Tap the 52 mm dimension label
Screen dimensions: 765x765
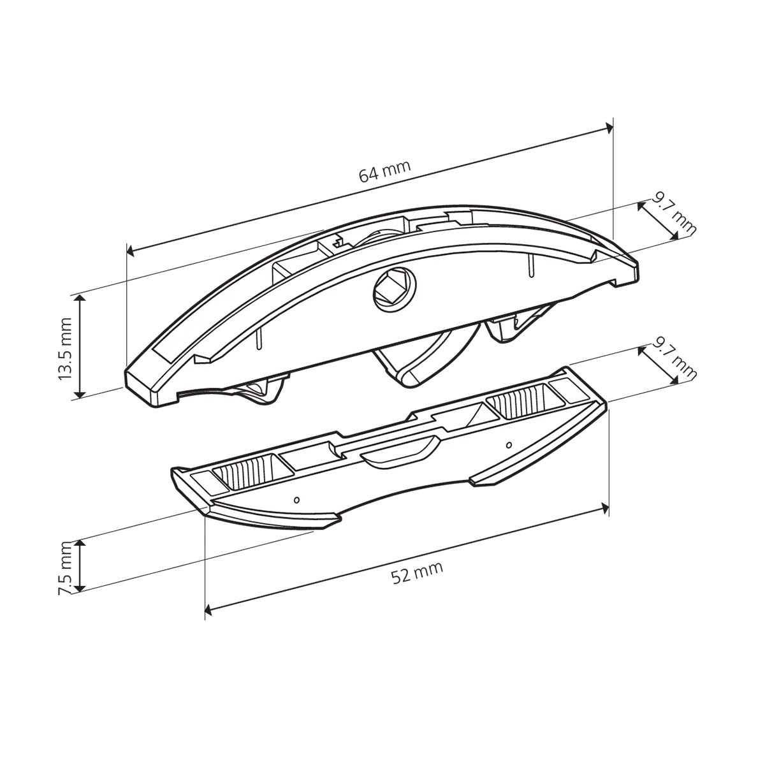tap(417, 572)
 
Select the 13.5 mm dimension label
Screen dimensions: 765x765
tap(65, 349)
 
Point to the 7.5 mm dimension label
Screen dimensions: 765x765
tap(65, 567)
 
